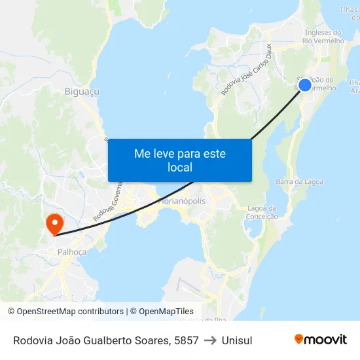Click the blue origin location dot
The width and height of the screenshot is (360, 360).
point(304,84)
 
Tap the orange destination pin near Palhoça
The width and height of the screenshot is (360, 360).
point(54,223)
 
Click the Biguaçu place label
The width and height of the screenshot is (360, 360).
point(82,92)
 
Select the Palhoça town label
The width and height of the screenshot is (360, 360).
point(73,251)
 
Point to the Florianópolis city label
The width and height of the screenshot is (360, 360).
point(182,201)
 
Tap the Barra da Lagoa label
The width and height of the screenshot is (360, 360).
point(299,181)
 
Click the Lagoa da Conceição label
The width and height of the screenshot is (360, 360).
point(263,212)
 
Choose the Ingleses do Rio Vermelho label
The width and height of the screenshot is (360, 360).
point(323,37)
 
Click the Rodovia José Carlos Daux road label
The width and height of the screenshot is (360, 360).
point(246,69)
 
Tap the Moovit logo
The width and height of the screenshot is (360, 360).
point(321,339)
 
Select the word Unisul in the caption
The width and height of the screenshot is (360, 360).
point(237,340)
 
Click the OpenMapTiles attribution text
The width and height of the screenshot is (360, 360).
point(162,312)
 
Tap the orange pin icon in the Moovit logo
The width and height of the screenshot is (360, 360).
point(299,339)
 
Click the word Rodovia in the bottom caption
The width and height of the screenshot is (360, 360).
point(33,340)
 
